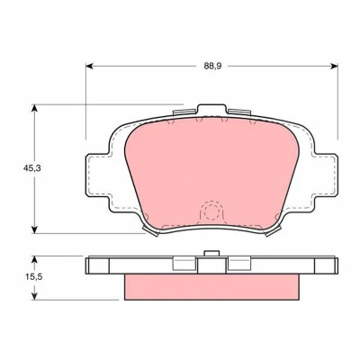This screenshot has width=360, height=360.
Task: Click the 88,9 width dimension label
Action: point(212,67)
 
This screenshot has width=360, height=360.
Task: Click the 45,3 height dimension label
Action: point(31,168)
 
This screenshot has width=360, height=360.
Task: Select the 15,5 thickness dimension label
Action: point(33,277)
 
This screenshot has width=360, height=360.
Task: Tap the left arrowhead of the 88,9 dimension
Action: point(89,67)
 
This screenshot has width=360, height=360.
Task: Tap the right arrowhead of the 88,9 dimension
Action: point(334,67)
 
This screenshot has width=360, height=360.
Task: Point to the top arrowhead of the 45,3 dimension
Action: point(35,108)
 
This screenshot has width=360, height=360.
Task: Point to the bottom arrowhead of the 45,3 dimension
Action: point(35,229)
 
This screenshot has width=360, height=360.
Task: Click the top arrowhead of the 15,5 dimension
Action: point(35,260)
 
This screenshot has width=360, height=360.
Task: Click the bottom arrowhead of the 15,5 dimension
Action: point(35,296)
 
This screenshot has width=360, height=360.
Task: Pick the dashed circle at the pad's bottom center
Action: point(211,212)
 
